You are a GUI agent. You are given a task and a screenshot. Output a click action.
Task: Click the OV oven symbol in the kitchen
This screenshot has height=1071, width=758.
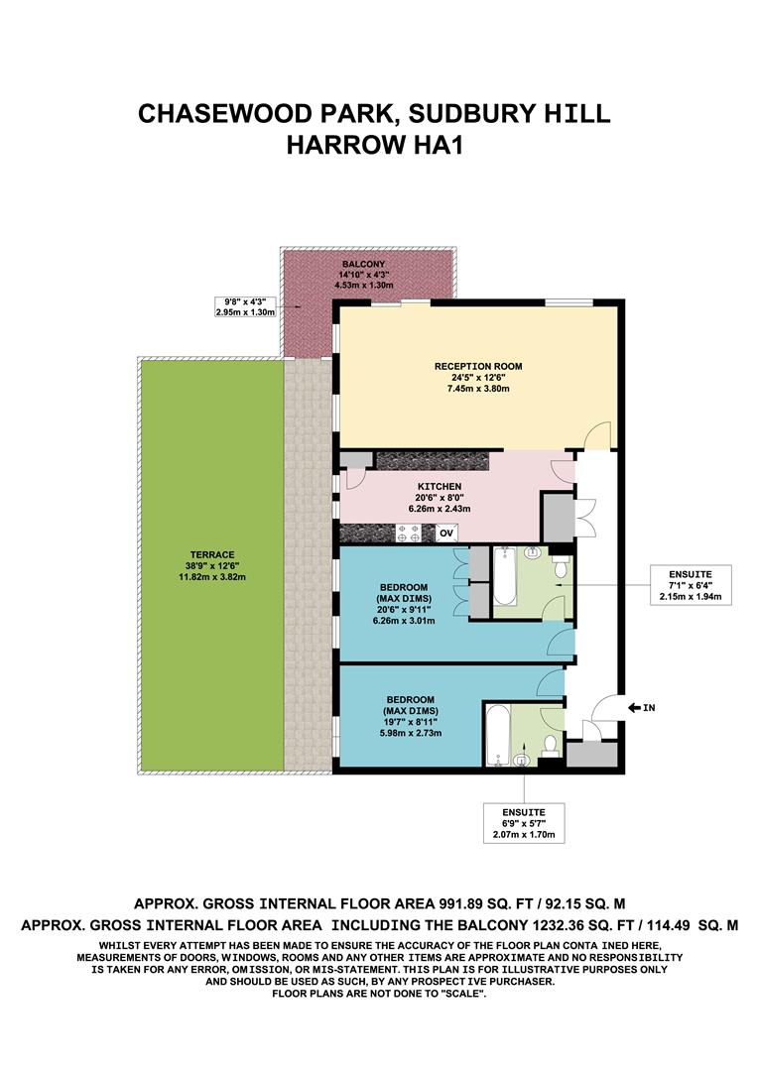coord(446,534)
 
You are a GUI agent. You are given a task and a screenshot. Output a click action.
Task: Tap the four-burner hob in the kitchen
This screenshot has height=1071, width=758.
coord(409,534)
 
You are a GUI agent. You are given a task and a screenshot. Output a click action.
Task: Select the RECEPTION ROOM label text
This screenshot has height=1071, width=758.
coord(477,366)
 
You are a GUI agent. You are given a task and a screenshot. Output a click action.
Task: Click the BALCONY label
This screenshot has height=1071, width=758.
coord(368,265)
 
